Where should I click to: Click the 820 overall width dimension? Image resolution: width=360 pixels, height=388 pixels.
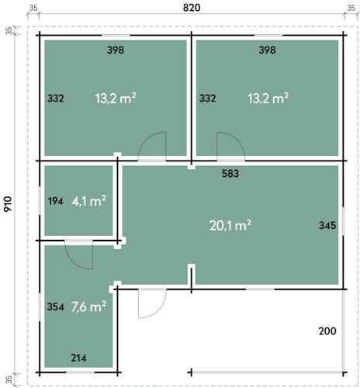[192, 8]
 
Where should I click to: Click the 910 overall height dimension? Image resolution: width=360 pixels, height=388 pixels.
[8, 204]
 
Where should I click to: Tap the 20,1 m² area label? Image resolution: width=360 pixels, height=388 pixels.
[230, 225]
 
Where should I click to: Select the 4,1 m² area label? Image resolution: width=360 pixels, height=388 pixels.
[88, 201]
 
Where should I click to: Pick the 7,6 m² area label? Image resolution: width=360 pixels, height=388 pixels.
[88, 307]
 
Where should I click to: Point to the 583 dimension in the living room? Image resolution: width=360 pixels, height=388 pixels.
[230, 174]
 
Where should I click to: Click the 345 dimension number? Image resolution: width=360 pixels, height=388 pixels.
[327, 225]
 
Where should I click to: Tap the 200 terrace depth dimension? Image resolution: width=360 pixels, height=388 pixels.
[327, 331]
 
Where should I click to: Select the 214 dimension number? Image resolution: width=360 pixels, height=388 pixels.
[78, 358]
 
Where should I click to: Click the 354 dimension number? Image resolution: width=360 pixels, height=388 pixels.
[55, 307]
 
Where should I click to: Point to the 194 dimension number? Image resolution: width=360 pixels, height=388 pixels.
[55, 201]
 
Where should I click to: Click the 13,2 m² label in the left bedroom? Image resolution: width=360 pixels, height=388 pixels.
[116, 99]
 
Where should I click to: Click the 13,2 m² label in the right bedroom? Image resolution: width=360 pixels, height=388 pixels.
[268, 99]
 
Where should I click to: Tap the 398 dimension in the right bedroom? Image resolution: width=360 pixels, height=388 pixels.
[267, 50]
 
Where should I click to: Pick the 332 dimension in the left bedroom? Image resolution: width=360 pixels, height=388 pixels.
[56, 99]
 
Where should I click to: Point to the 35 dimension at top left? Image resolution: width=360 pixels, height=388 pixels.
[33, 8]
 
